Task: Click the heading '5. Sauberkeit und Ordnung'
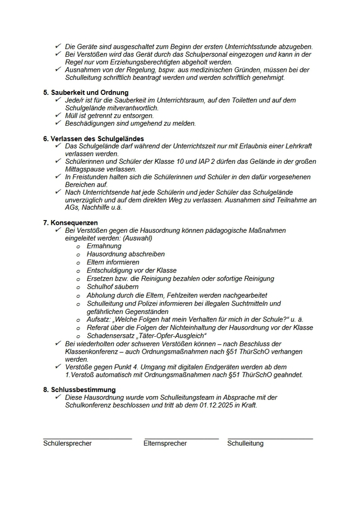(x=85, y=93)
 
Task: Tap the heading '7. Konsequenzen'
(x=70, y=222)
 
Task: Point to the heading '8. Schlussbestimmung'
(x=79, y=390)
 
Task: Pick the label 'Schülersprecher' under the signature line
(x=67, y=443)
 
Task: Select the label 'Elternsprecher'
(x=165, y=443)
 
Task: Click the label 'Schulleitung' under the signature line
(x=245, y=443)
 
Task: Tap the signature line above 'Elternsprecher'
(x=181, y=439)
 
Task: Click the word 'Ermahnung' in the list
(x=104, y=246)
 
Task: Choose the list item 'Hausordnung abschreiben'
(x=126, y=254)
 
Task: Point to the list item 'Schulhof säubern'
(x=112, y=287)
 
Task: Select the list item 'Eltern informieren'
(x=113, y=262)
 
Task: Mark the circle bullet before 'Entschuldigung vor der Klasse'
(x=78, y=271)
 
